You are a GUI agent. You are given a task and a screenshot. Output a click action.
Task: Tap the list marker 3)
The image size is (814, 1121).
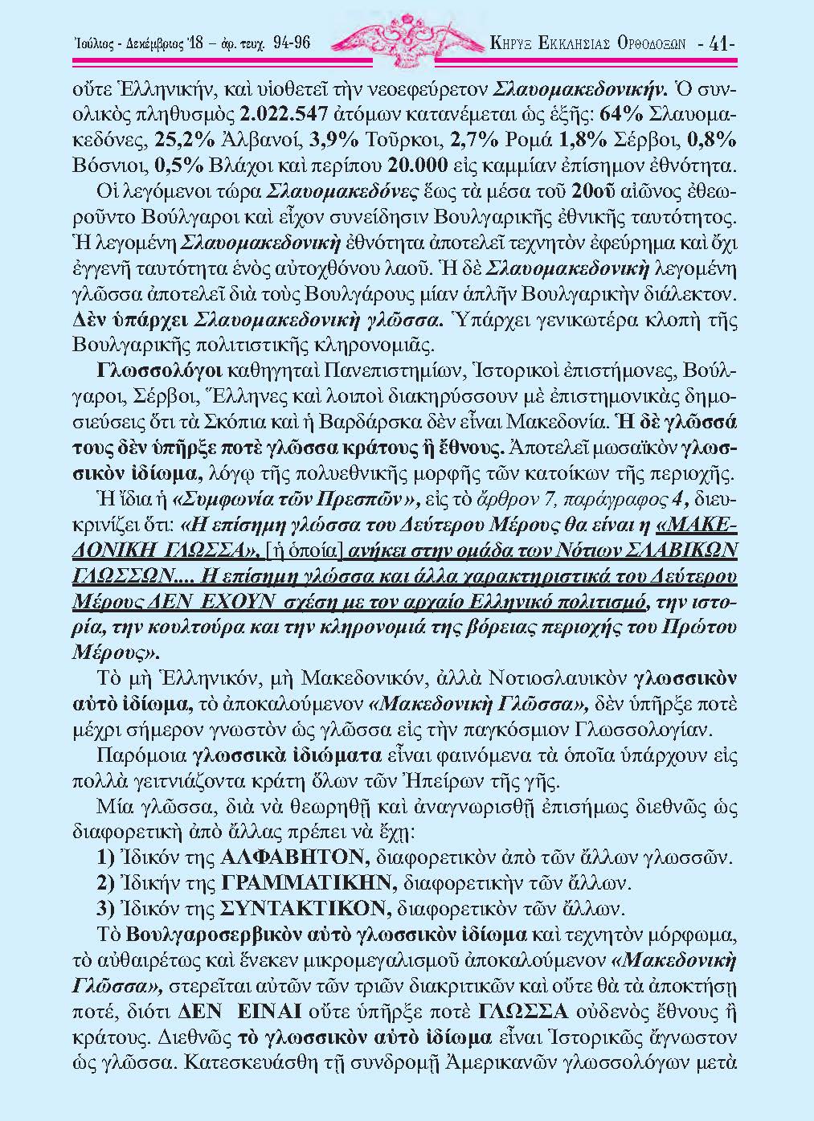tap(104, 909)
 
